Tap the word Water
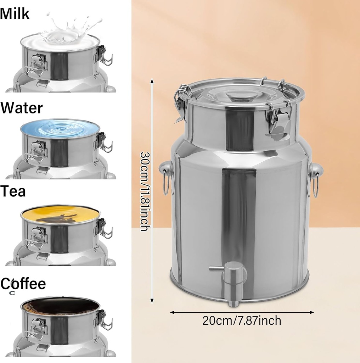pos(22,107)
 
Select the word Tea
pos(13,191)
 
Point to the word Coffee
pos(23,284)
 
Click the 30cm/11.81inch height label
pos(144,191)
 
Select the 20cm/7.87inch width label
pos(242,320)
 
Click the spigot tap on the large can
pos(232,280)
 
